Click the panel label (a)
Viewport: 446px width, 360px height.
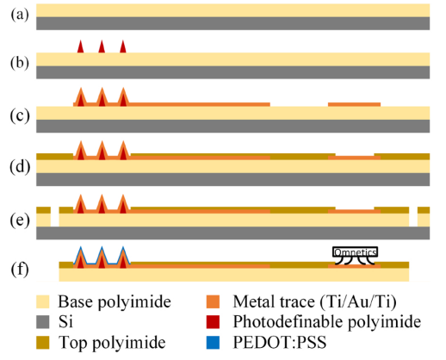20,15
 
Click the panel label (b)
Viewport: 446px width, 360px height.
20,63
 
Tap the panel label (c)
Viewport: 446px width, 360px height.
20,116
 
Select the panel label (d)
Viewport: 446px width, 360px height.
20,167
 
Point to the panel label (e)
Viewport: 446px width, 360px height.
20,220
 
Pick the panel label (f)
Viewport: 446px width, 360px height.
20,270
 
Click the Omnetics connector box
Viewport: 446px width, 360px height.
355,251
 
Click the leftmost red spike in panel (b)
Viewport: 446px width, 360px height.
81,47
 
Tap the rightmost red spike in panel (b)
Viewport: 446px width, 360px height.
123,47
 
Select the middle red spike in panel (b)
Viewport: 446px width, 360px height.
102,47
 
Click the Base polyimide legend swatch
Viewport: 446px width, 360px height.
43,301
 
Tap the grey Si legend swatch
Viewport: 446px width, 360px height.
43,322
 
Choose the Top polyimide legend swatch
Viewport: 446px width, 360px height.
43,343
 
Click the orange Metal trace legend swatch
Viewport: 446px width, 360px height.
213,301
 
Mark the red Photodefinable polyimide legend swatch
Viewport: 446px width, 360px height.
213,322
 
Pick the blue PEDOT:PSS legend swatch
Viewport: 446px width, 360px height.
213,343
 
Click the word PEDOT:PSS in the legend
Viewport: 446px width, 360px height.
280,342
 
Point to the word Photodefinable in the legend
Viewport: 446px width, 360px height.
288,322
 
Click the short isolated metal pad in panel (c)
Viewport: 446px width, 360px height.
355,104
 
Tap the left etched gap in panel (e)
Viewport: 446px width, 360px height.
55,216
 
